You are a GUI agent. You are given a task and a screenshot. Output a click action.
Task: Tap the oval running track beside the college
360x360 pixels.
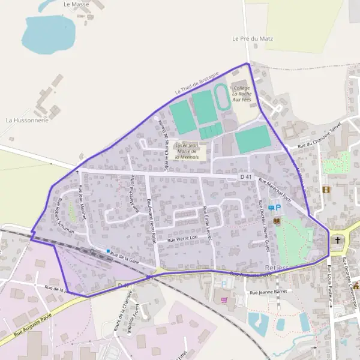click(x=221, y=97)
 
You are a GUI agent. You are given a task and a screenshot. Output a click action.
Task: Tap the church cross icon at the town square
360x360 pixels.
click(x=337, y=241)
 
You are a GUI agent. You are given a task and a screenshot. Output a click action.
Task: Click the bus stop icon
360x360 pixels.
click(x=271, y=208)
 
